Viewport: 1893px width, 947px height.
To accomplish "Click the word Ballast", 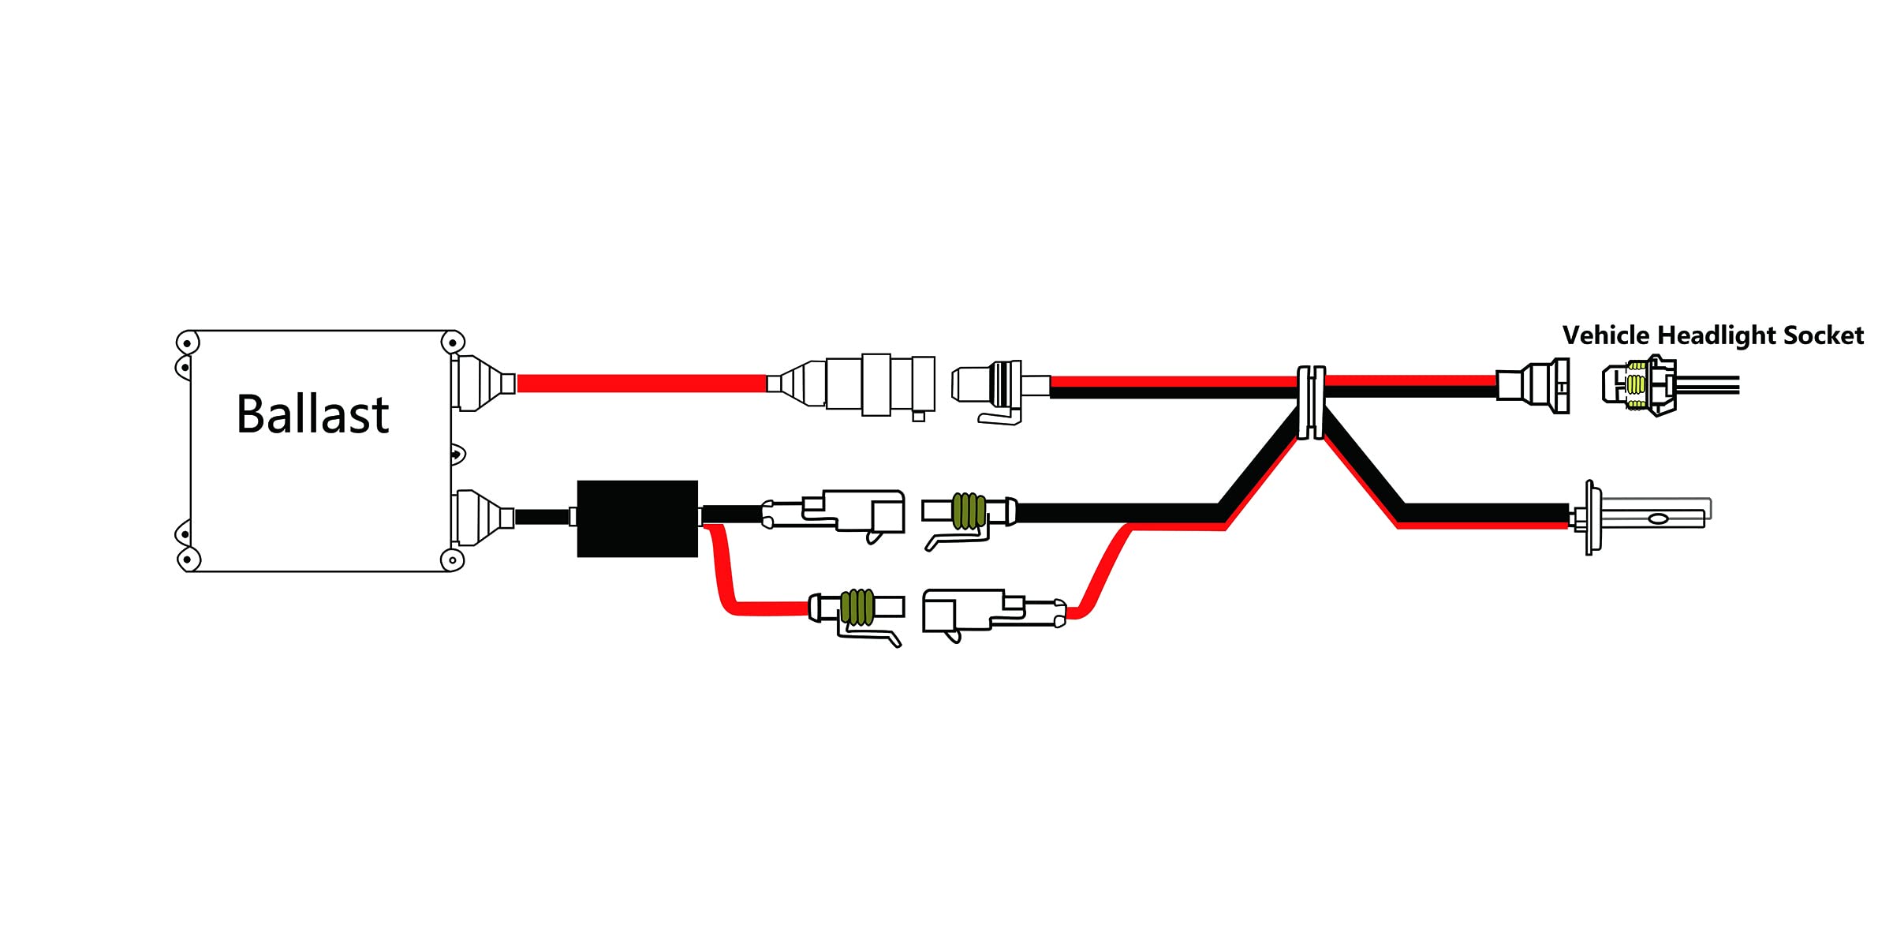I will pyautogui.click(x=312, y=414).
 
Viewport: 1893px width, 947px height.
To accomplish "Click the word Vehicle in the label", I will pyautogui.click(x=1606, y=335).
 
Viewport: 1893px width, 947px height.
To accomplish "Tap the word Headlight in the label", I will pyautogui.click(x=1716, y=336).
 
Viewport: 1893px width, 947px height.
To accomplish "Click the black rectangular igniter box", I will pyautogui.click(x=637, y=518).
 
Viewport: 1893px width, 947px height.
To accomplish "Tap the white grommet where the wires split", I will pyautogui.click(x=1311, y=402).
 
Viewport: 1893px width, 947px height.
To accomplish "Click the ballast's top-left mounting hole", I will pyautogui.click(x=187, y=343).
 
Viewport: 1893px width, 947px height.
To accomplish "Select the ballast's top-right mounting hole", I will pyautogui.click(x=452, y=342).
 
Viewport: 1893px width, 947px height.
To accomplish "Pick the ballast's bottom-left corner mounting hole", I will pyautogui.click(x=188, y=560).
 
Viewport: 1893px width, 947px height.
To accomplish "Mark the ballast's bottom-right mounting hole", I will pyautogui.click(x=452, y=560).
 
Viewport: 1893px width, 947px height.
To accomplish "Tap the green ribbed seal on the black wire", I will pyautogui.click(x=969, y=511).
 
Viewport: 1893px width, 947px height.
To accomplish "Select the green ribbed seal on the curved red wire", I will pyautogui.click(x=857, y=607).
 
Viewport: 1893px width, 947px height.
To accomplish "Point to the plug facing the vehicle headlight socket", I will pyautogui.click(x=1535, y=385).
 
